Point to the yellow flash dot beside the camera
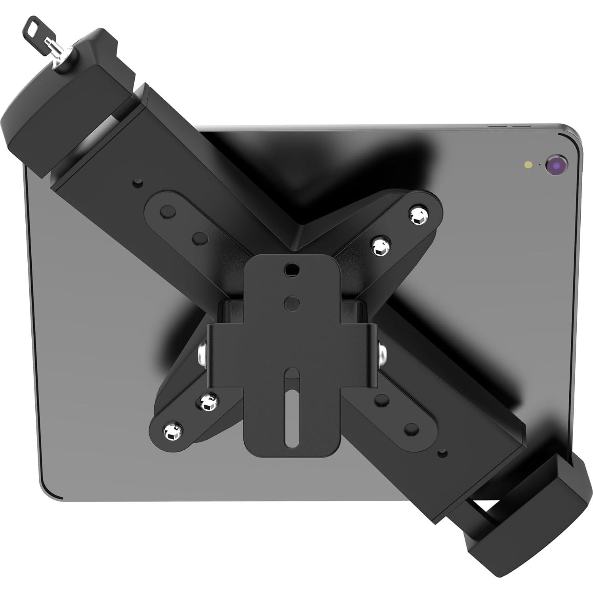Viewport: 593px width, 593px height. coord(528,164)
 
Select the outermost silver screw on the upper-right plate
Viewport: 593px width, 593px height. coord(416,216)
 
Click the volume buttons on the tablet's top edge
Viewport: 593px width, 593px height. coord(505,126)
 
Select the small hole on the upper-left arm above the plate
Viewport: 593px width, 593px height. coord(137,183)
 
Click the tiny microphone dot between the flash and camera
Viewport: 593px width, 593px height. coord(540,164)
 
